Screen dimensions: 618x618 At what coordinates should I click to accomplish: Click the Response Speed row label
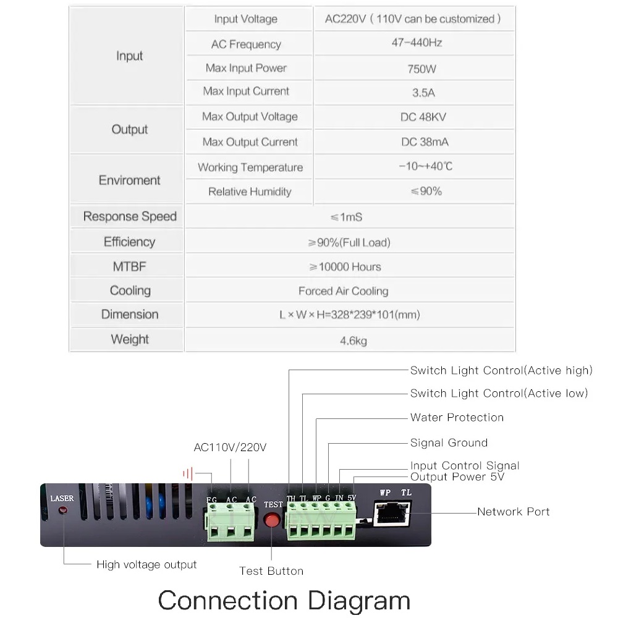click(x=130, y=216)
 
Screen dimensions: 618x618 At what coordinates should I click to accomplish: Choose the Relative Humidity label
click(x=250, y=192)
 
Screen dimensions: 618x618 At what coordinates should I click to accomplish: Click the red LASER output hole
click(x=63, y=511)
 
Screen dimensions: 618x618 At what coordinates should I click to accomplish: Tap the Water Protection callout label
click(x=457, y=418)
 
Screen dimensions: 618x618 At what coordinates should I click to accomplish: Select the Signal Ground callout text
click(x=449, y=442)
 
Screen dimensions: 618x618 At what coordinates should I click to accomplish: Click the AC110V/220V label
click(x=230, y=447)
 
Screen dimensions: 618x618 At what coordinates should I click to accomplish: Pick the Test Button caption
click(x=271, y=571)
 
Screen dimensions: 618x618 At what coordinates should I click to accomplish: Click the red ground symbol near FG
click(x=188, y=474)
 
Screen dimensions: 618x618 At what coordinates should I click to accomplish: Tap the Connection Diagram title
click(x=284, y=601)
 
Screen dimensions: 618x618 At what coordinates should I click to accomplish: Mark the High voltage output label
click(x=146, y=564)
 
